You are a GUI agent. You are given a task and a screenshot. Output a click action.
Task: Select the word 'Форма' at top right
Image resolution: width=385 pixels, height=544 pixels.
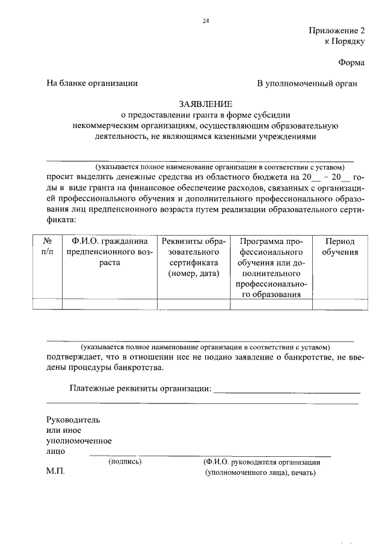pos(351,62)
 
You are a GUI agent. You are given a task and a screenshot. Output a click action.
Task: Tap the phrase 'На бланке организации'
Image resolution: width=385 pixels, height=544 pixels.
pos(92,84)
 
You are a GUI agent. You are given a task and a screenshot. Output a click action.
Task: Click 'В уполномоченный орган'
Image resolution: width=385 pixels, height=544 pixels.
pos(307,84)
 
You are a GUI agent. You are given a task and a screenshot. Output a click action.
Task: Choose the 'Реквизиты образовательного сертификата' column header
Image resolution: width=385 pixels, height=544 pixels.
pos(194,257)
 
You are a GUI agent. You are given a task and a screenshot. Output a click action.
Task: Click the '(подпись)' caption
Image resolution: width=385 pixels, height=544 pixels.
pos(125,462)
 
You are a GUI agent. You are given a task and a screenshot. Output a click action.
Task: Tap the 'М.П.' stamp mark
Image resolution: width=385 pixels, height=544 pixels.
pos(55,472)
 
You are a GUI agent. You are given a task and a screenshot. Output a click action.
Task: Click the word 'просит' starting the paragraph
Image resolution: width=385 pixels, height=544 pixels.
pos(60,177)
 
